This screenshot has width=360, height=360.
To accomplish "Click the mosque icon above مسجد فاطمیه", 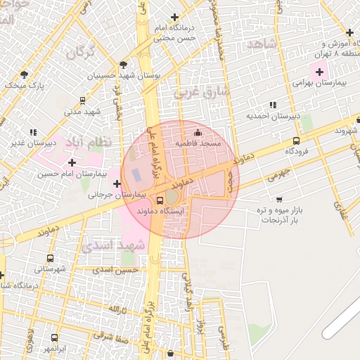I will (x=197, y=132).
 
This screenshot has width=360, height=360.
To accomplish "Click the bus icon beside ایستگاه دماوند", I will (x=160, y=199).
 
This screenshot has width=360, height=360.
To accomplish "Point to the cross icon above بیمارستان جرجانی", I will (x=117, y=184).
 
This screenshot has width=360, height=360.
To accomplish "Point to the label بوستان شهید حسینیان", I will (x=124, y=75).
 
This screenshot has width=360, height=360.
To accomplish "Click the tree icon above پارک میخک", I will (x=25, y=74).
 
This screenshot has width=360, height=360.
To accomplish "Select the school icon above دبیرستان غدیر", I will (x=33, y=131).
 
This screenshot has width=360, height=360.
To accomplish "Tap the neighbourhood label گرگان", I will (x=79, y=51).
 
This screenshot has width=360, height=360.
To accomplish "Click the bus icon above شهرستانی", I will (x=49, y=258).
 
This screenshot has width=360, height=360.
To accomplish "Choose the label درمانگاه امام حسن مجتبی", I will (x=174, y=32).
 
